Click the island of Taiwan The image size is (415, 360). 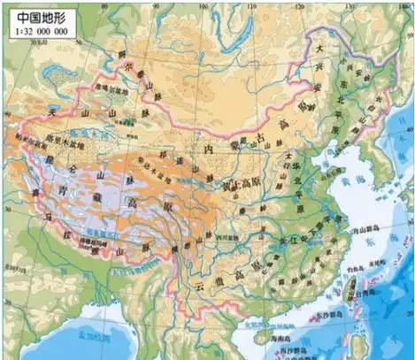(x=358, y=287)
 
